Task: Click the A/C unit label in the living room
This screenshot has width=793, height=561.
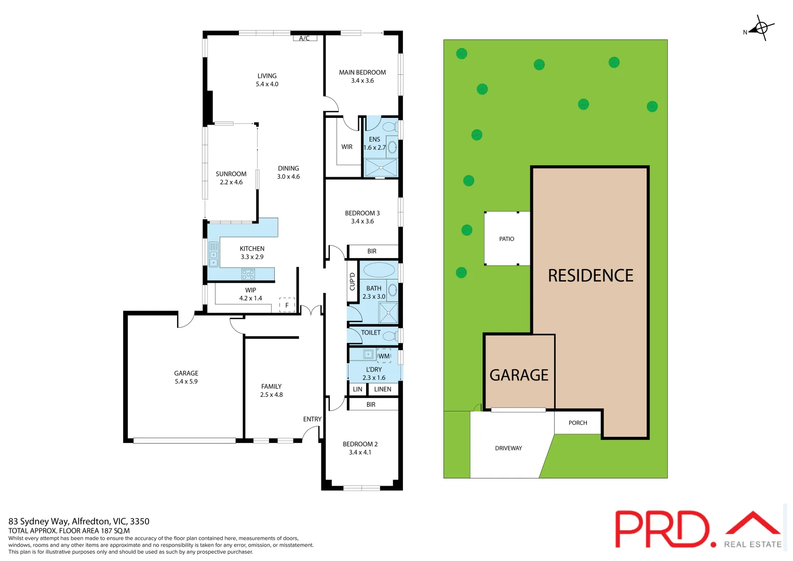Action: [x=304, y=38]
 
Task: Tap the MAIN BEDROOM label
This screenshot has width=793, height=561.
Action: [x=362, y=73]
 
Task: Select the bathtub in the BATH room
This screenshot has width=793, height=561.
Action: [x=379, y=270]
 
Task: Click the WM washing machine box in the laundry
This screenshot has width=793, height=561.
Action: [x=384, y=356]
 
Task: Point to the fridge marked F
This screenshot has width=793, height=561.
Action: [x=287, y=305]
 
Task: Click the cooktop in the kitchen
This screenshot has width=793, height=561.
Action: [x=248, y=274]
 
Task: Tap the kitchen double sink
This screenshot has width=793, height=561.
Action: [x=213, y=254]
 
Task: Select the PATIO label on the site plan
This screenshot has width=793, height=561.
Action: [x=506, y=239]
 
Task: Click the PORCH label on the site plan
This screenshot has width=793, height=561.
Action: [x=577, y=423]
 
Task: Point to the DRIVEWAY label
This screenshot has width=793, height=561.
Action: [x=508, y=448]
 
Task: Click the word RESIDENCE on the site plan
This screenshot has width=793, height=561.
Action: [x=590, y=276]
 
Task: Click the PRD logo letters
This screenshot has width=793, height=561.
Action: [x=662, y=529]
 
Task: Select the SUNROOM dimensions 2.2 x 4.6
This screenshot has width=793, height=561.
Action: [x=231, y=182]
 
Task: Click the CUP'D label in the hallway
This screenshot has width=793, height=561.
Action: [x=353, y=282]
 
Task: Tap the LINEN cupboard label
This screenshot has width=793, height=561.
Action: [x=383, y=389]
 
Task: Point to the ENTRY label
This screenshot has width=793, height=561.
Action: [x=312, y=419]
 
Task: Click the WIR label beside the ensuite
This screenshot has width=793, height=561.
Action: [x=347, y=147]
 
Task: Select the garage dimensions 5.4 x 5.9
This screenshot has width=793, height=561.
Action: [x=186, y=382]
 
